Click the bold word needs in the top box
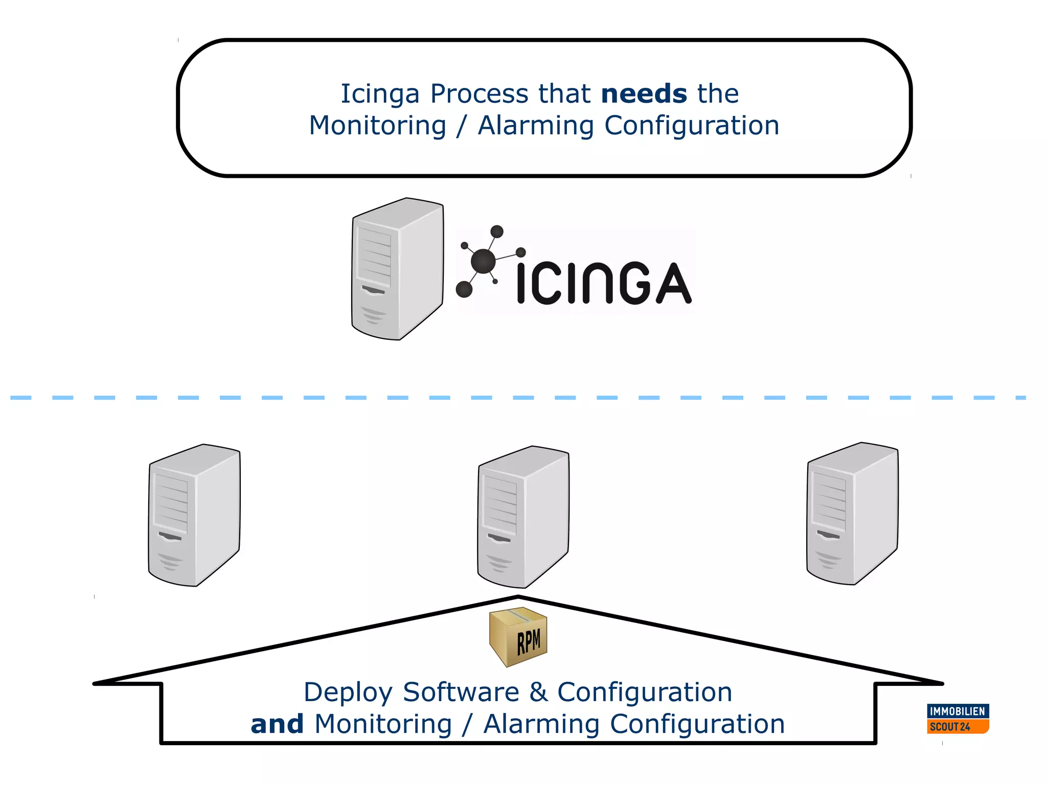tap(644, 94)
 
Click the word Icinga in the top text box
tap(380, 94)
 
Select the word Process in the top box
tap(479, 94)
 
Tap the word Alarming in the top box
tap(535, 126)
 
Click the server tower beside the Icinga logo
tap(397, 269)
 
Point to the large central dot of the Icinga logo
tap(483, 261)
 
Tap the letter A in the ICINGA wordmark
tap(673, 284)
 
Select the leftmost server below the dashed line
tap(194, 515)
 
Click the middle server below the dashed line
tap(523, 517)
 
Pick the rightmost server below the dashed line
tap(852, 514)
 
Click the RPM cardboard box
tap(518, 637)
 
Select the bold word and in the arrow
tap(277, 724)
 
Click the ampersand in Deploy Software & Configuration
tap(538, 692)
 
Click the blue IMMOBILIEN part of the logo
tap(958, 711)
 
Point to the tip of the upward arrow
tap(518, 597)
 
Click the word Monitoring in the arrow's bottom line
tap(383, 724)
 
